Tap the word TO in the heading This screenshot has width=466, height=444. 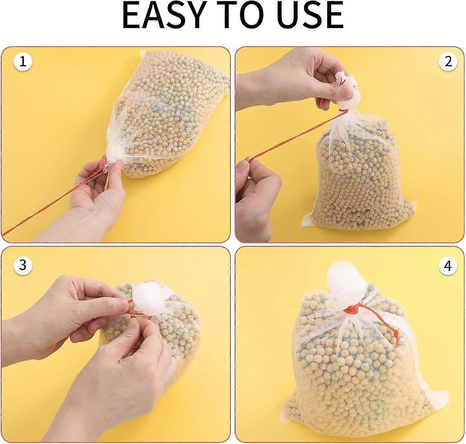(x=242, y=19)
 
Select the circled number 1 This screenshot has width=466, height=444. (x=22, y=62)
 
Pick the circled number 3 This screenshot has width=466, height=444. (x=22, y=265)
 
